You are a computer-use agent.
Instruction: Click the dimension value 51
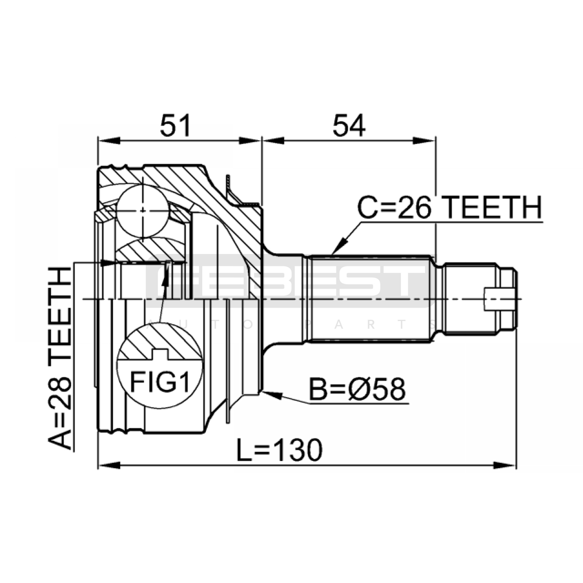coord(176,125)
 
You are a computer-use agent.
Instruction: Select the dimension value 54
coord(349,125)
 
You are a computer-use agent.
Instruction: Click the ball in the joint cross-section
coord(144,210)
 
